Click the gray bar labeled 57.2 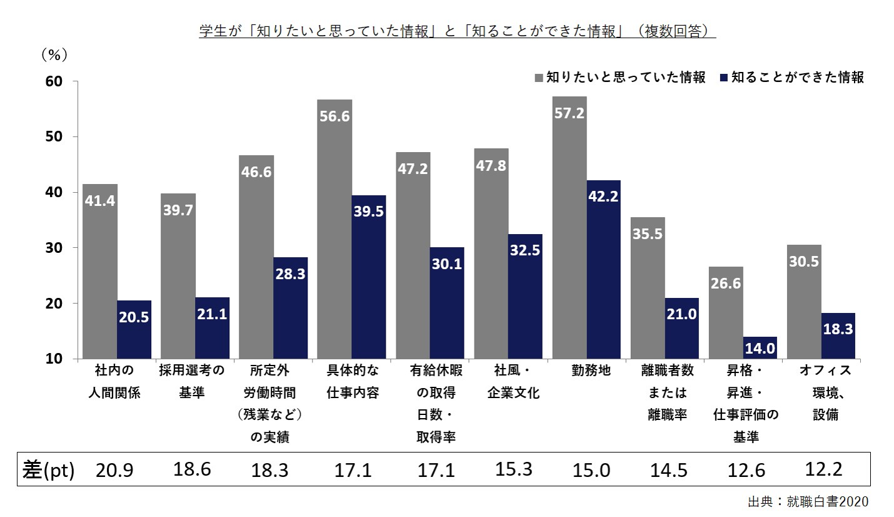point(570,227)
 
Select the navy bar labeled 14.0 point(760,347)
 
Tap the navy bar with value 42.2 point(603,269)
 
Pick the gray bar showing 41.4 point(100,271)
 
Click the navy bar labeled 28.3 point(290,308)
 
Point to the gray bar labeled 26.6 point(726,312)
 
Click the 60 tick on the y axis point(54,81)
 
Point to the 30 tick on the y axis point(54,248)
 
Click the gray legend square point(539,78)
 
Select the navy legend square point(724,78)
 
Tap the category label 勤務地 point(591,371)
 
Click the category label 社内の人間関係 point(114,382)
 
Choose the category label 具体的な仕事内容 point(353,382)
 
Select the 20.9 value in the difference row point(114,470)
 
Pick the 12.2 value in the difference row point(824,469)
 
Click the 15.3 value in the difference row point(514,469)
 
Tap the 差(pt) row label point(48,470)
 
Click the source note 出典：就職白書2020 point(808,501)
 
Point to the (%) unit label point(54,54)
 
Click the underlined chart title point(458,31)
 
